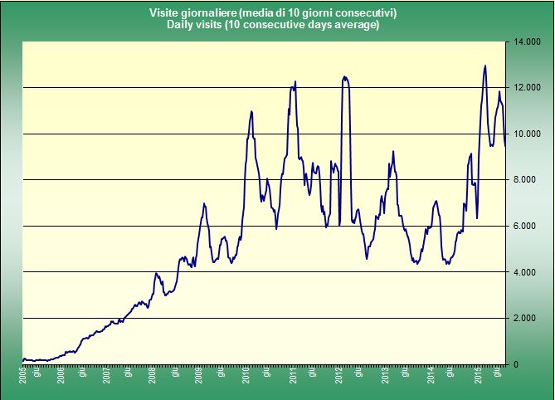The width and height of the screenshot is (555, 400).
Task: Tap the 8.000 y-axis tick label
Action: point(528,180)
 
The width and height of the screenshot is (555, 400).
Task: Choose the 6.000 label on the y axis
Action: point(528,227)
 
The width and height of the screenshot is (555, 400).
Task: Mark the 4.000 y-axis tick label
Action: point(528,272)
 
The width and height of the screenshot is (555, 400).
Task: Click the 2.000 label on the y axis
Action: point(528,319)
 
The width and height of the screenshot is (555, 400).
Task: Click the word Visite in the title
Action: point(164,13)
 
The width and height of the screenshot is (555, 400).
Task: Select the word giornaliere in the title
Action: point(208,13)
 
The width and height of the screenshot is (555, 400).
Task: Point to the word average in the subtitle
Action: point(356,25)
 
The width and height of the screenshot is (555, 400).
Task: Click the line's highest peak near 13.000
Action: point(485,66)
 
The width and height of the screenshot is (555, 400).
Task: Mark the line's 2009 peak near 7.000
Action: point(204,203)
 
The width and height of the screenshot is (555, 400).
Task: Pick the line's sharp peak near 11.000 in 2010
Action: point(251,111)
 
